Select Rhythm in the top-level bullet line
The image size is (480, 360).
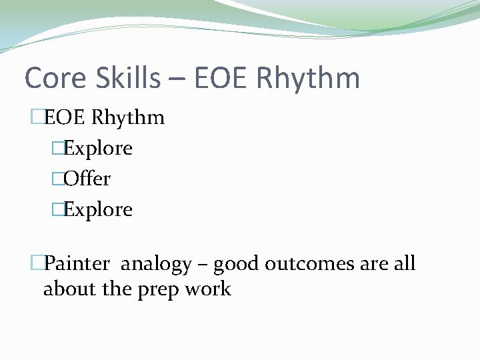[x=128, y=117]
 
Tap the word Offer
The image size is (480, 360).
[x=87, y=179]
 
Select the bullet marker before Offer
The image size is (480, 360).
[x=57, y=179]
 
